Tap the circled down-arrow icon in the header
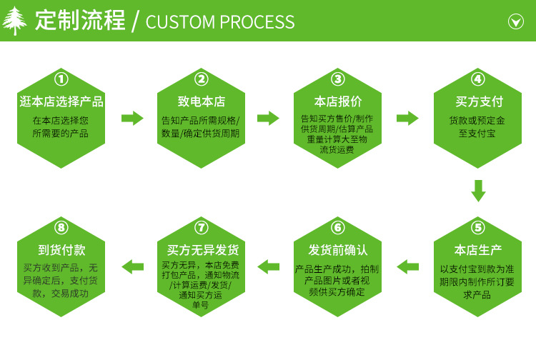[x=515, y=21]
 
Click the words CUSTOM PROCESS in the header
[x=219, y=22]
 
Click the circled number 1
[x=61, y=79]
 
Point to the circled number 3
[x=338, y=79]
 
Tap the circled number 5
[x=478, y=228]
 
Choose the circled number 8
[x=61, y=228]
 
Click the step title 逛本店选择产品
[x=61, y=101]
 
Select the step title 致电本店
[x=201, y=101]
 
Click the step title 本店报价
[x=338, y=101]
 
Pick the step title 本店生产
[x=478, y=250]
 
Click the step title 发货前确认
[x=338, y=250]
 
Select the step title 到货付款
[x=61, y=250]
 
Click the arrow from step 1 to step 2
[x=133, y=118]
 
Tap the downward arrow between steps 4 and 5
[x=478, y=191]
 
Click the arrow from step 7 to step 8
[x=133, y=266]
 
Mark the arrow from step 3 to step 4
[x=407, y=118]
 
